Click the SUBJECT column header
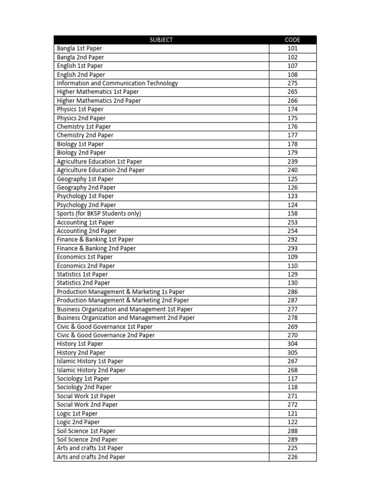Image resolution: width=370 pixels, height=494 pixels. (x=161, y=40)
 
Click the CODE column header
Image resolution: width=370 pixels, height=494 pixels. (x=292, y=40)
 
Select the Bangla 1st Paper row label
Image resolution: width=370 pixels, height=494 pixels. (x=79, y=48)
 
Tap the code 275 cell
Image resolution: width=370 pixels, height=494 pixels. (x=292, y=83)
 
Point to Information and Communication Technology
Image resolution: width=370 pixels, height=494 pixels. (x=117, y=83)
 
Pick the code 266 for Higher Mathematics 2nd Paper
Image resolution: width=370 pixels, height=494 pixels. (x=292, y=100)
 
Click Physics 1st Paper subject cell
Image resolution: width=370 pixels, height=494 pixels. (x=80, y=109)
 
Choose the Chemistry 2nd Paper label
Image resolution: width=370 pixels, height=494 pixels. (x=85, y=135)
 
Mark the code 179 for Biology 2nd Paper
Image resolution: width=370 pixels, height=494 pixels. (x=292, y=152)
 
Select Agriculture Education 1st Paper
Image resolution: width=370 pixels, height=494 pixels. (x=100, y=162)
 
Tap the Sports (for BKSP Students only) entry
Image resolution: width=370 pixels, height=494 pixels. (x=99, y=213)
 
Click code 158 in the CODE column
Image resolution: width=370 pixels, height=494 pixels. (x=292, y=213)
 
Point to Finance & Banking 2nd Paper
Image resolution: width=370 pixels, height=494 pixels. (x=96, y=248)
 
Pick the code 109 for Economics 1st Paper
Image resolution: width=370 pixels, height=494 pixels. (x=292, y=257)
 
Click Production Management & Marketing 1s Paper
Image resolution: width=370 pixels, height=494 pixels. (x=120, y=292)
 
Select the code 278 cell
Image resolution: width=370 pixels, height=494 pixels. (x=292, y=318)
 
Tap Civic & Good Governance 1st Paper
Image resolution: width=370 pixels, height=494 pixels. (x=105, y=327)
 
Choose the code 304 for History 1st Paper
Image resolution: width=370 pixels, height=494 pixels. (x=292, y=344)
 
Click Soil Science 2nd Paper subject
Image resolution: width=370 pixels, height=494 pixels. (x=87, y=439)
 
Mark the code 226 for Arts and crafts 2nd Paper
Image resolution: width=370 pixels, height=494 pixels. (x=292, y=457)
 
